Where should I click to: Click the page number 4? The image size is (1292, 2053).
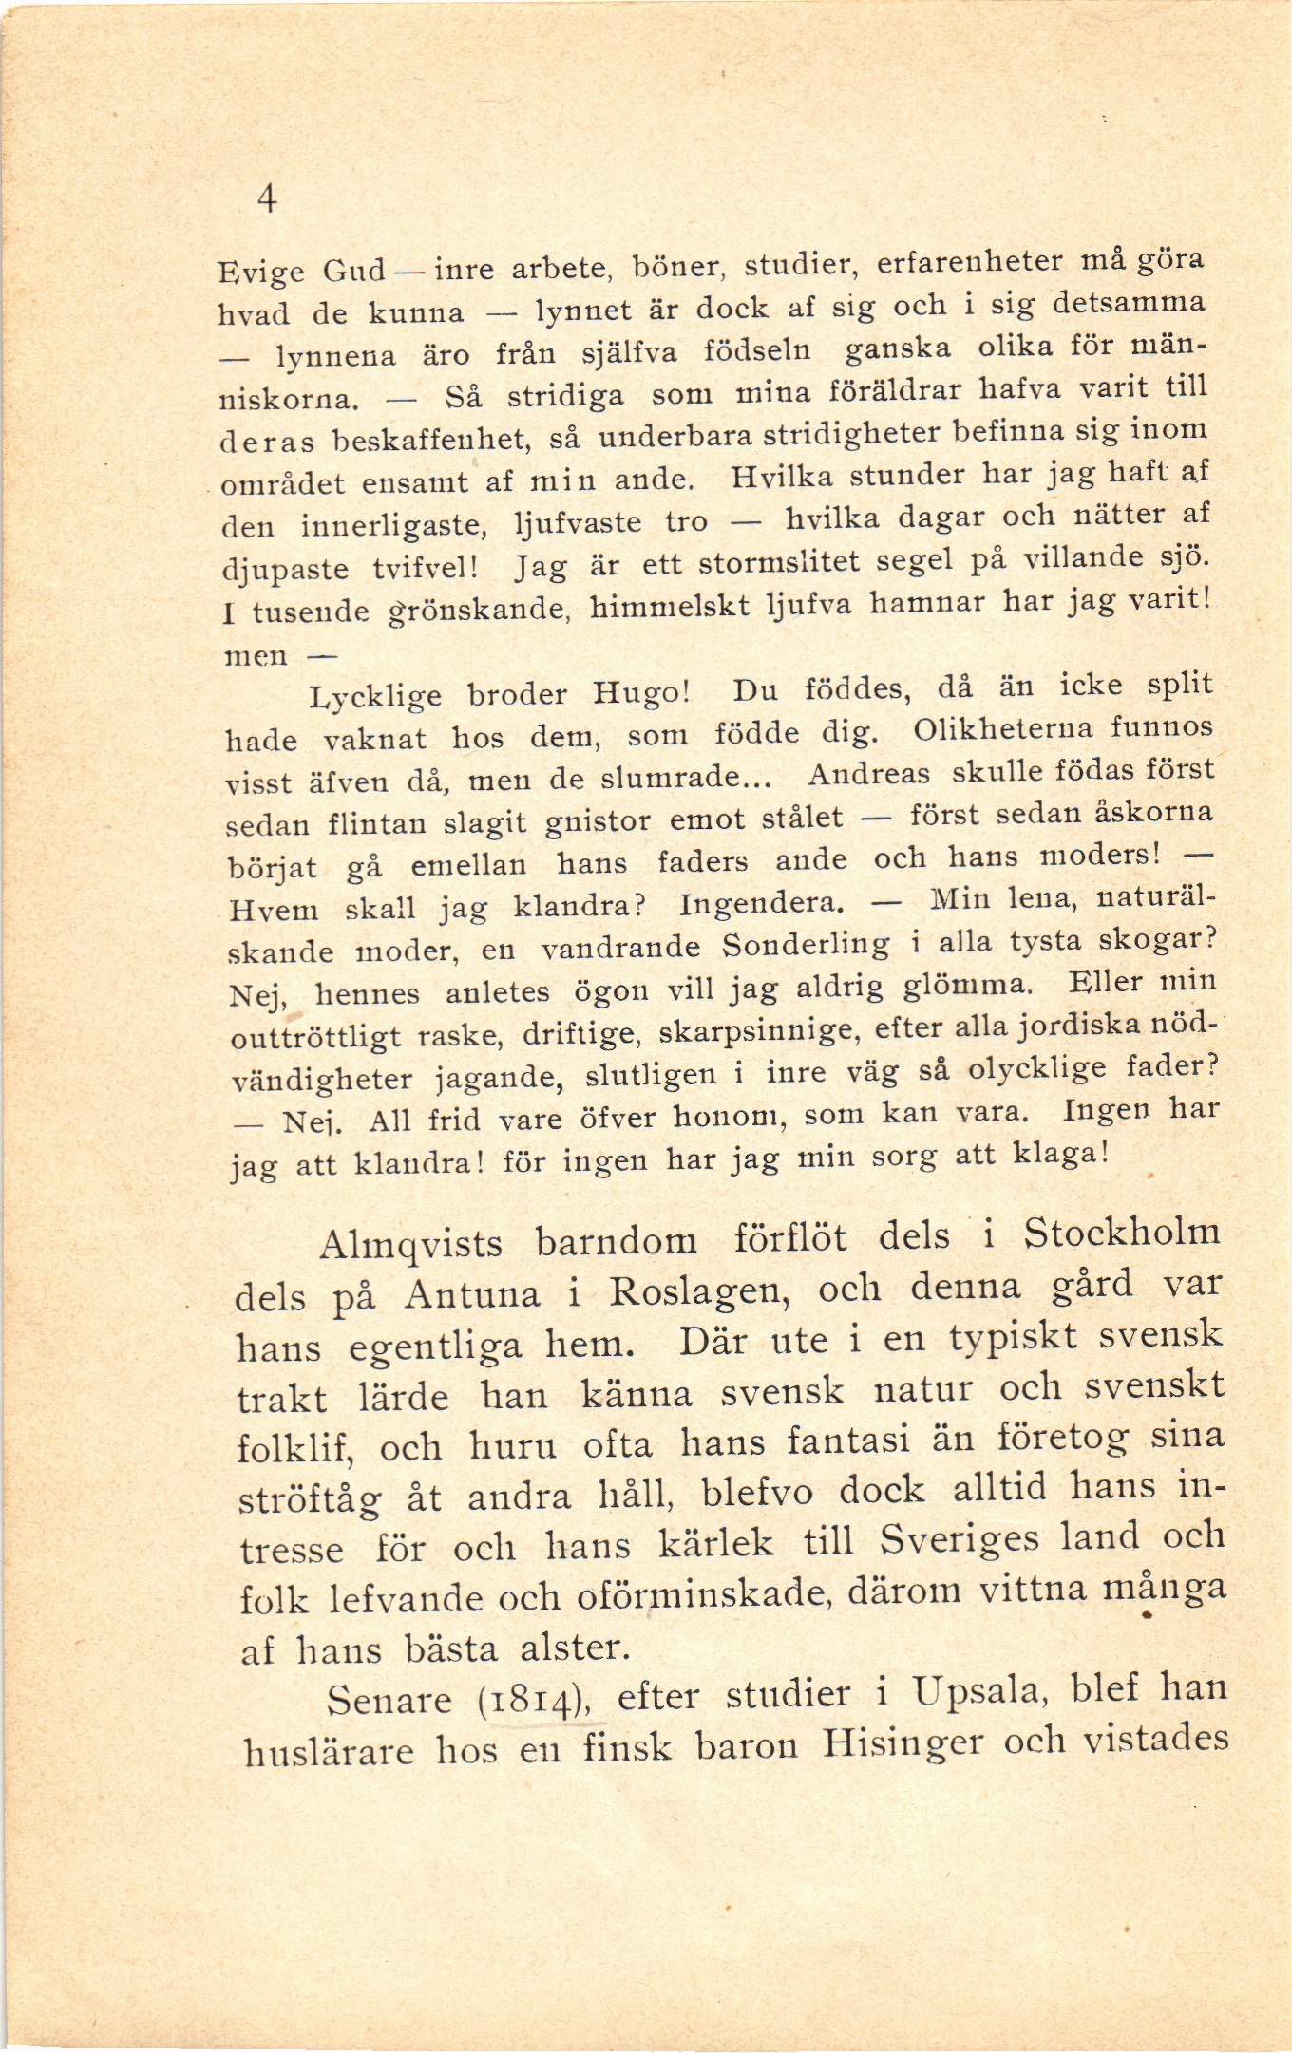click(267, 199)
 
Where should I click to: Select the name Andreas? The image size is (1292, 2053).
click(868, 774)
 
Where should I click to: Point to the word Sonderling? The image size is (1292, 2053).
click(807, 946)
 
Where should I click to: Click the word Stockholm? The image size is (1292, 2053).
click(1121, 1234)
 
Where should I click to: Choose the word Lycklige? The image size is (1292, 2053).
click(375, 698)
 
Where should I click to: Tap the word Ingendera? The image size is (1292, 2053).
click(760, 903)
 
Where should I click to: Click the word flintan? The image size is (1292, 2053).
click(376, 822)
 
